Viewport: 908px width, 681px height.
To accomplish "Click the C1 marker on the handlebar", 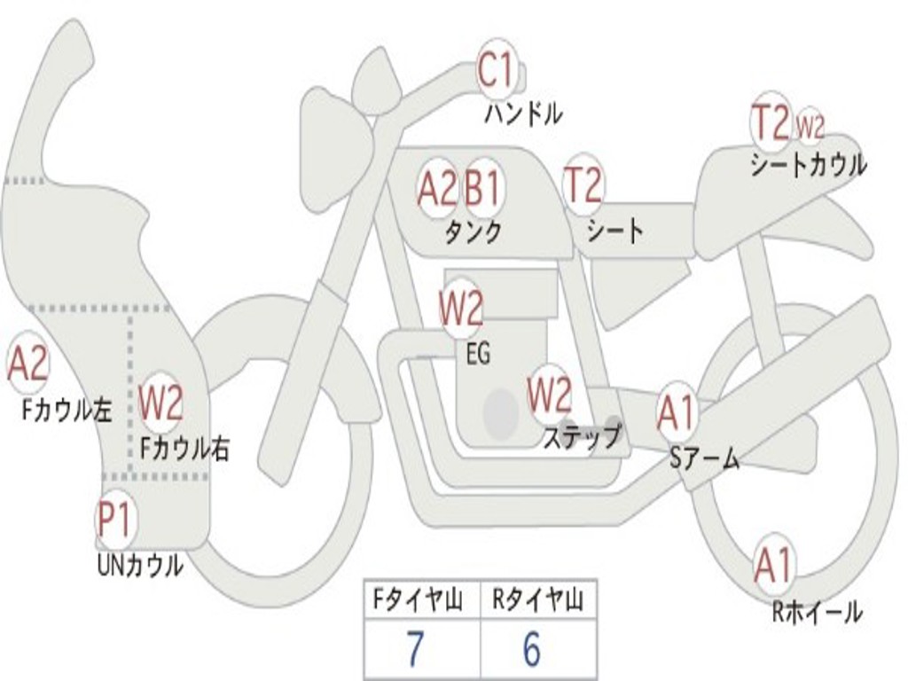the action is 497,68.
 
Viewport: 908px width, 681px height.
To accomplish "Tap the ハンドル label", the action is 523,113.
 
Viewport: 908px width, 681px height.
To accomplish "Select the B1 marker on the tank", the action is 482,188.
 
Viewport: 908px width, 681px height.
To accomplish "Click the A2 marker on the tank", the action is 438,188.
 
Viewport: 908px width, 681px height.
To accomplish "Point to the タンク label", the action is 473,231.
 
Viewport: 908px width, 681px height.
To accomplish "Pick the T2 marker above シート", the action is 583,183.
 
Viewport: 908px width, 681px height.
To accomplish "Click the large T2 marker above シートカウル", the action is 771,121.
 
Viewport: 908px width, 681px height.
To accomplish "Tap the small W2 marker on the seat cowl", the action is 810,126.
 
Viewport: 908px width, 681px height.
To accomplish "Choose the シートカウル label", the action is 809,164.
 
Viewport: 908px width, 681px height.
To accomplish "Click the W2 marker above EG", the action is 461,309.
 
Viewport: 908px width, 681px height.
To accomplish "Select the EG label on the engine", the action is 478,353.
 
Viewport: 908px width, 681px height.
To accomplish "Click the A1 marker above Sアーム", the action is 676,412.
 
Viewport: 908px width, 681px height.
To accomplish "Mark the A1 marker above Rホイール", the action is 774,565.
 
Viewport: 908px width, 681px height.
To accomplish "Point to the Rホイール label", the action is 817,612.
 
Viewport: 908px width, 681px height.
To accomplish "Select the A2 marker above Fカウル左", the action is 27,363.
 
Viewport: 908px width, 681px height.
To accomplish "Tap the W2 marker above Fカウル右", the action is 161,403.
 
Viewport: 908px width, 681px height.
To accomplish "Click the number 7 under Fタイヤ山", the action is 415,649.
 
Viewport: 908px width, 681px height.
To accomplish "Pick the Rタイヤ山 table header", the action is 538,600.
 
